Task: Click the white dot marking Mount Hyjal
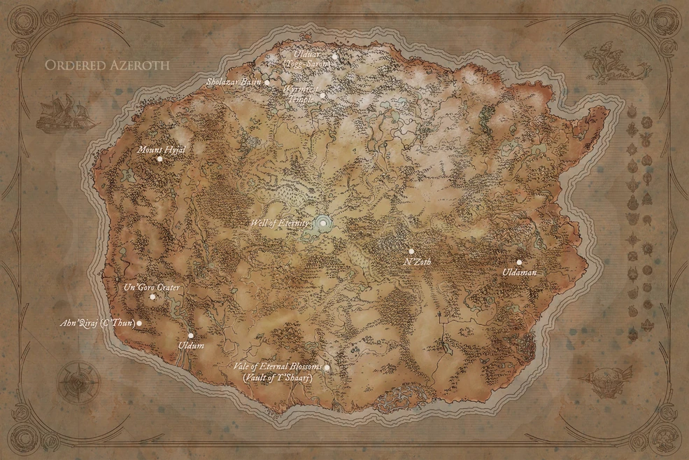[x=159, y=159]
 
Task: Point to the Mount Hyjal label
[x=160, y=149]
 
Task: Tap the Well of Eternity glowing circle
[x=324, y=223]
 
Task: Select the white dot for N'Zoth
[x=411, y=251]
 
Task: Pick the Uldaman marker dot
[x=519, y=262]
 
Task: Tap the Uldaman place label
[x=519, y=272]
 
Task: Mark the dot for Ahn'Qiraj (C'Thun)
[x=139, y=323]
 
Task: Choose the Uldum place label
[x=191, y=346]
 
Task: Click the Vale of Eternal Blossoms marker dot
[x=326, y=367]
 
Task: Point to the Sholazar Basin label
[x=234, y=82]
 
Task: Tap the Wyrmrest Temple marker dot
[x=322, y=96]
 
